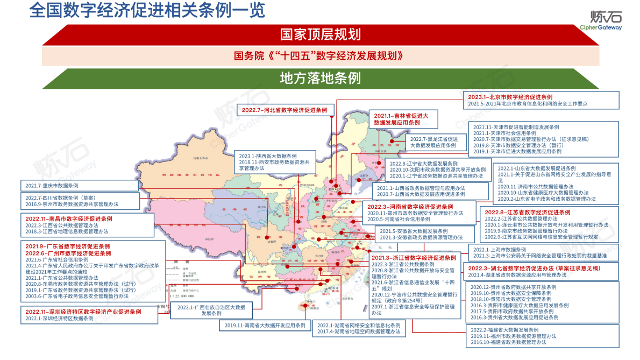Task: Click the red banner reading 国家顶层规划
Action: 320,34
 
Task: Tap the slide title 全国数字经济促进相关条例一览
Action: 147,12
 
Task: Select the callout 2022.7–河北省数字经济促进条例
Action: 285,109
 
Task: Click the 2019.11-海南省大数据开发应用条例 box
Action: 265,325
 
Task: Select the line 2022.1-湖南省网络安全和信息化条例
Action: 358,325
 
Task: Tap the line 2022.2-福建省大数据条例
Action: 504,329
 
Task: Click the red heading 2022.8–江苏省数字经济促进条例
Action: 527,212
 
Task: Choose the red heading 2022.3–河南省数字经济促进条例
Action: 410,207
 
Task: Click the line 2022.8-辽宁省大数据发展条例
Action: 423,163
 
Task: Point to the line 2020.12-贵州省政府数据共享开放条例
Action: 513,287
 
